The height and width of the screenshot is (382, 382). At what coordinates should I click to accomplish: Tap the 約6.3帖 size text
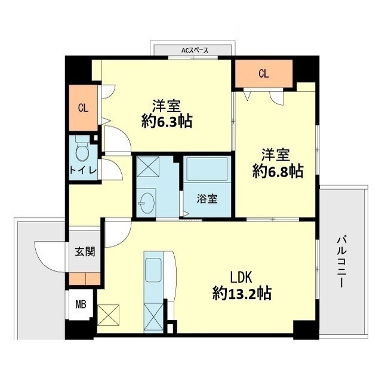tap(167, 122)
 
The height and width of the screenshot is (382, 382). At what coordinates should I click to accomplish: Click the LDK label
tap(242, 277)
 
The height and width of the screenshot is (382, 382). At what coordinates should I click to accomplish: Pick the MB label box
tap(80, 305)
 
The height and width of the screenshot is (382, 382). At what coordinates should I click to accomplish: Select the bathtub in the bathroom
tap(206, 171)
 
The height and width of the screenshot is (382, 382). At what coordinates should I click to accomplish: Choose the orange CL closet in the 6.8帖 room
tap(263, 74)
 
